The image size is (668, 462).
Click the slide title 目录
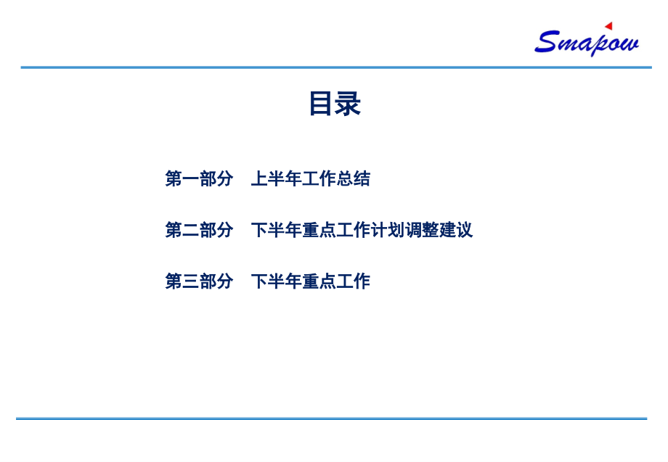pyautogui.click(x=335, y=104)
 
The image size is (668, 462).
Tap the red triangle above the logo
pyautogui.click(x=608, y=26)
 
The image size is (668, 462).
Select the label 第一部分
pyautogui.click(x=199, y=178)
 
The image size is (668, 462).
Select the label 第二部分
pyautogui.click(x=199, y=230)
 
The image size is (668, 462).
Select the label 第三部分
pyautogui.click(x=199, y=281)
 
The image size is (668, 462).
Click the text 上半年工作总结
pyautogui.click(x=310, y=178)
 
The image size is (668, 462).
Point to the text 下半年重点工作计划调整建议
pyautogui.click(x=362, y=230)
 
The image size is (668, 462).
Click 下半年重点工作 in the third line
pyautogui.click(x=310, y=281)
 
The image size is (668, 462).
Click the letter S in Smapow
pyautogui.click(x=546, y=41)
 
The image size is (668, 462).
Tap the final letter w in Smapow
pyautogui.click(x=629, y=43)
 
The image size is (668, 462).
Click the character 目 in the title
pyautogui.click(x=321, y=104)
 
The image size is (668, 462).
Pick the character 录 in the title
pyautogui.click(x=349, y=104)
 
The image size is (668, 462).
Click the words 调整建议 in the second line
pyautogui.click(x=439, y=230)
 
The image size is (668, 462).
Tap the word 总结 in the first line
pyautogui.click(x=353, y=178)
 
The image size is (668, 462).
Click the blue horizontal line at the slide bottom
pyautogui.click(x=331, y=418)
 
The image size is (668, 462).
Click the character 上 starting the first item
pyautogui.click(x=259, y=178)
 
